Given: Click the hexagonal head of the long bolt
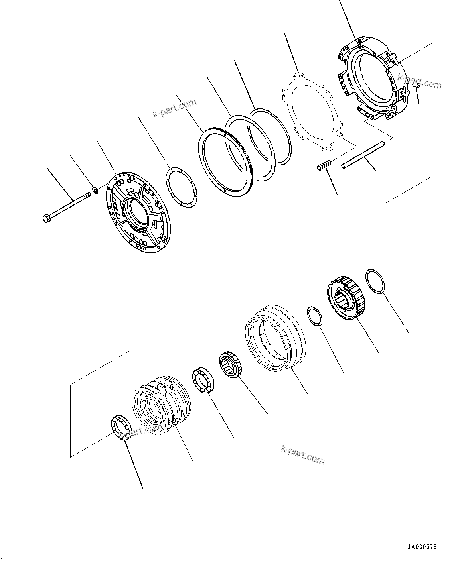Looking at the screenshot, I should [x=46, y=218].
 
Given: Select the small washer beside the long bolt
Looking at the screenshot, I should [x=96, y=190].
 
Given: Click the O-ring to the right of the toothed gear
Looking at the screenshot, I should [x=375, y=282].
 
